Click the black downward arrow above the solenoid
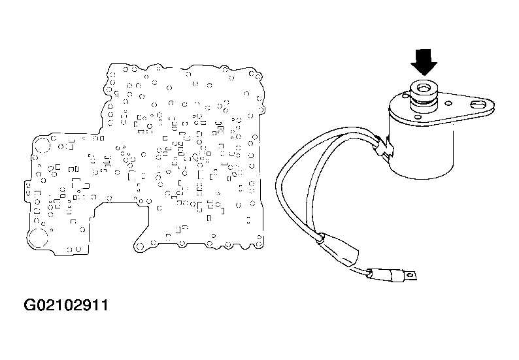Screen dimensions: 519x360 pos(424,62)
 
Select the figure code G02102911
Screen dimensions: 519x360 pos(66,305)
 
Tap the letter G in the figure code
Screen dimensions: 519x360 pos(29,305)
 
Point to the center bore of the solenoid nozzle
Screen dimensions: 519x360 pos(424,88)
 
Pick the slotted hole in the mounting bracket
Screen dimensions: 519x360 pos(478,105)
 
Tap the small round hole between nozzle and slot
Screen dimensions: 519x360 pos(448,103)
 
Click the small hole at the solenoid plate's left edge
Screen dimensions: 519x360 pos(405,97)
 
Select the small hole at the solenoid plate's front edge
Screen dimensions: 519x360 pos(418,117)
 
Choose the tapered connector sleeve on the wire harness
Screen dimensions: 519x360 pos(339,250)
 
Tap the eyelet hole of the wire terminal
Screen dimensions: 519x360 pos(411,274)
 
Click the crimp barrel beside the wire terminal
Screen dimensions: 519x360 pos(397,275)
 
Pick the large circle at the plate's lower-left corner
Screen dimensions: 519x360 pos(38,238)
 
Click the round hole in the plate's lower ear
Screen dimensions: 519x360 pos(140,246)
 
